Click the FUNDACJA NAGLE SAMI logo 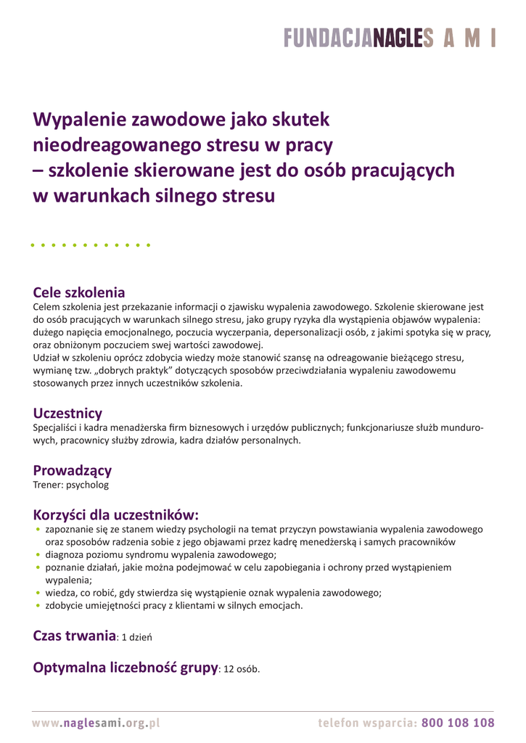(390, 38)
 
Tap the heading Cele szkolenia (79, 292)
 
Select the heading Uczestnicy (67, 414)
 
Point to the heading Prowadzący (73, 470)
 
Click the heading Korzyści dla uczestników (115, 515)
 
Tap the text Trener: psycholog (71, 485)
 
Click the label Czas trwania (75, 636)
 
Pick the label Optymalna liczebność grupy (126, 667)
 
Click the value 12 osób (242, 668)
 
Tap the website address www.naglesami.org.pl (95, 723)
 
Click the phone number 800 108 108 (457, 723)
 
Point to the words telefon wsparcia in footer (366, 723)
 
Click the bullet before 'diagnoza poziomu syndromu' (38, 556)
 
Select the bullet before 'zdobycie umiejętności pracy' (38, 606)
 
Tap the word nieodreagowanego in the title (116, 145)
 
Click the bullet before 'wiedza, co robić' (38, 594)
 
